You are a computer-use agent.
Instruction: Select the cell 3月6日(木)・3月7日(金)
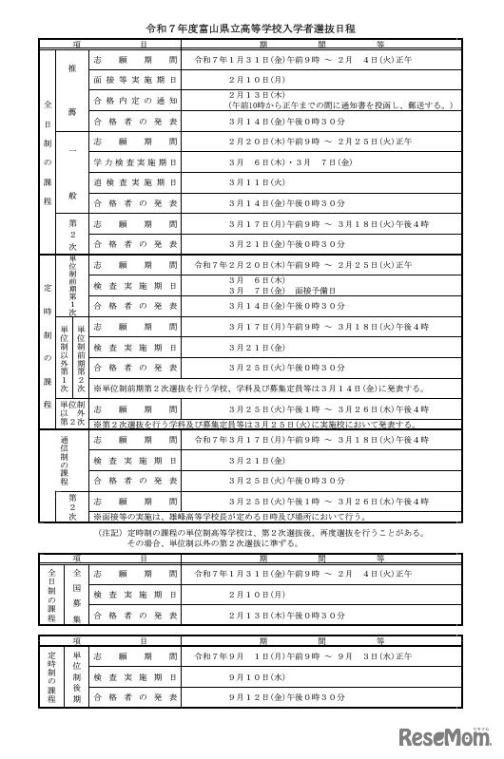(x=276, y=162)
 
